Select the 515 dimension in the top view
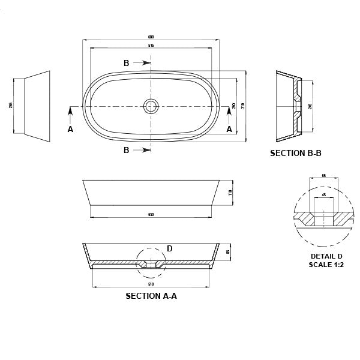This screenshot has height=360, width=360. click(151, 46)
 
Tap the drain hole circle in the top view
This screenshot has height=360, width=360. click(151, 106)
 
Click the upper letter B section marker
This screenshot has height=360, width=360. click(127, 63)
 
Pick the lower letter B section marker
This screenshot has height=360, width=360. click(127, 150)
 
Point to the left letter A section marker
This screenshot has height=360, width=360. click(70, 128)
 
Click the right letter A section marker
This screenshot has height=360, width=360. click(229, 128)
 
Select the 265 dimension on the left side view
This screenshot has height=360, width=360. click(11, 106)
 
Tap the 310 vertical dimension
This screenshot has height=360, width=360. click(243, 106)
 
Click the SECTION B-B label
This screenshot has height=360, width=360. click(295, 153)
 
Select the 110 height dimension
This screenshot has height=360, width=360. click(230, 193)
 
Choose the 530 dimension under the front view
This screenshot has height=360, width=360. click(151, 215)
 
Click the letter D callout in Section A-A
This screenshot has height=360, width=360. click(169, 248)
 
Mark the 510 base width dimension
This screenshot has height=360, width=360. click(151, 284)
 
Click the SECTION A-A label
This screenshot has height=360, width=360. click(151, 296)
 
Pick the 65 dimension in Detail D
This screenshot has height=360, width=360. click(324, 176)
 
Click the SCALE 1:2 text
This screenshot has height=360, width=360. click(326, 264)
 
